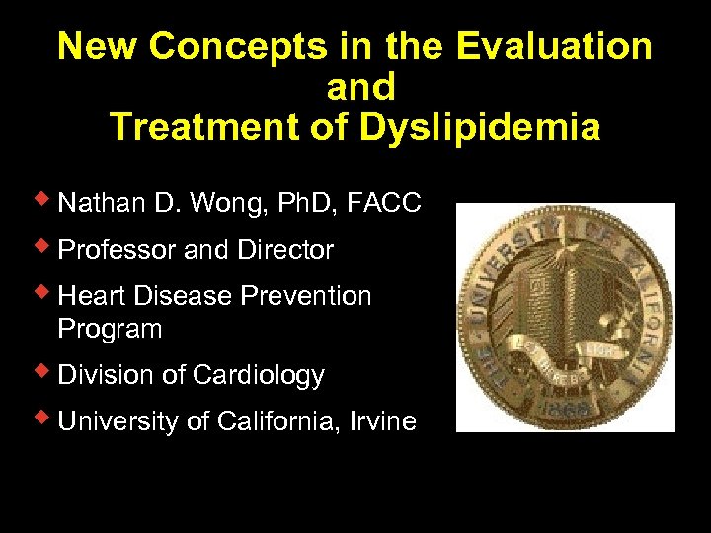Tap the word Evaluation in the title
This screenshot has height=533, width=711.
[555, 46]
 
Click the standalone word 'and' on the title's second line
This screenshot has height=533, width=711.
[360, 87]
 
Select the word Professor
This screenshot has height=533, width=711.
[118, 250]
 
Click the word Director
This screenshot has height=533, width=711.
[285, 250]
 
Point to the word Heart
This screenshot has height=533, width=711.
[89, 296]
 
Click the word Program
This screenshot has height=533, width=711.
[110, 329]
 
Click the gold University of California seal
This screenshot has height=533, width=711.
[566, 317]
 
